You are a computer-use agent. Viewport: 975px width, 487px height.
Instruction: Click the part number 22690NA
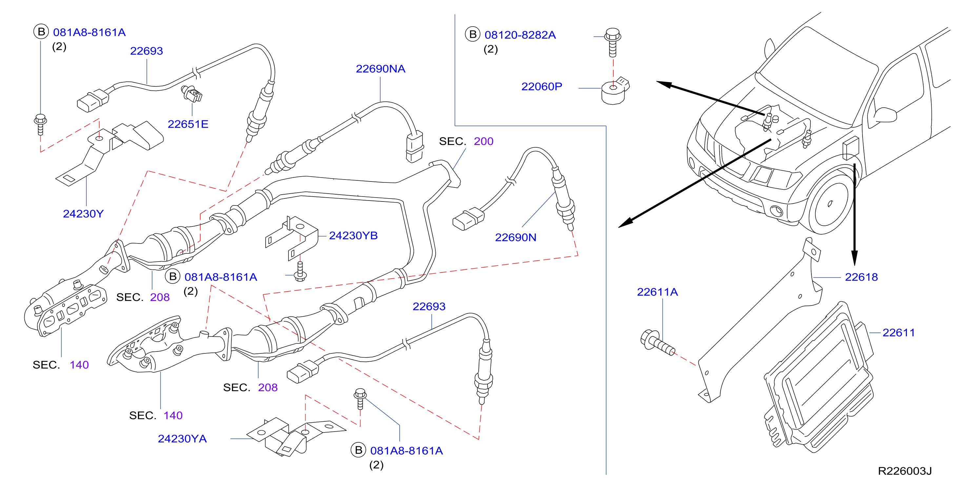[380, 69]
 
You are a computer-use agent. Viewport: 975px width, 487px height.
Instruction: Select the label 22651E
[188, 124]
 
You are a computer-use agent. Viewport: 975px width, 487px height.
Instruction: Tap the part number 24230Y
[83, 214]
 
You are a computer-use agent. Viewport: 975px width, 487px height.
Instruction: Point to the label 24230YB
[353, 235]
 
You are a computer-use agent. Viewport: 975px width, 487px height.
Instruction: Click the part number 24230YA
[182, 438]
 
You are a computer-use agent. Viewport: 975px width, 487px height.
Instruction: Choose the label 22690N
[515, 237]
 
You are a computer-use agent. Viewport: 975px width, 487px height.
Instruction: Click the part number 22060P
[542, 86]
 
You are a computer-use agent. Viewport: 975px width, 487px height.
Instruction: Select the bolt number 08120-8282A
[520, 35]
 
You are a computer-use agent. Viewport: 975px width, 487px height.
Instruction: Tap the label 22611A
[657, 292]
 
